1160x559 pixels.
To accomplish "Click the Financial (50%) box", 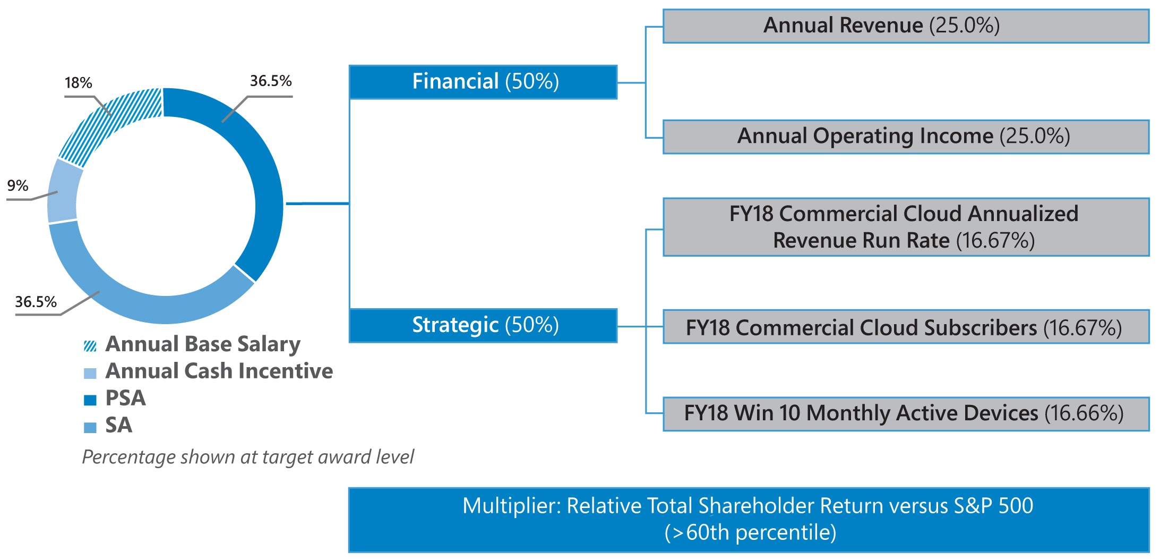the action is [483, 82].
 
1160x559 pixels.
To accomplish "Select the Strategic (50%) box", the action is [483, 325].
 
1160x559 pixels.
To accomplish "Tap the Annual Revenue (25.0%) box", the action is [906, 26].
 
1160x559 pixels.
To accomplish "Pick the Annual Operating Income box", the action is [906, 137].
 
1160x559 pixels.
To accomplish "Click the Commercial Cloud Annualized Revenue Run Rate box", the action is [906, 227].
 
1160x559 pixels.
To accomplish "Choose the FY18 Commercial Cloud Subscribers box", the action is [906, 327].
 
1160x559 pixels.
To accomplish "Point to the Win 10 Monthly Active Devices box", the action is [906, 414].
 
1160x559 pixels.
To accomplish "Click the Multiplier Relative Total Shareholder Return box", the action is [749, 520].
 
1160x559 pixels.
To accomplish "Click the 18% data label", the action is [79, 83].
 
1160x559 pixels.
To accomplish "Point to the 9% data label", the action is [18, 185].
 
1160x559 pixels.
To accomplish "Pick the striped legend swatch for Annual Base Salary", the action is [90, 346].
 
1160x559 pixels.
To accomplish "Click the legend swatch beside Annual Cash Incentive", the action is [90, 374].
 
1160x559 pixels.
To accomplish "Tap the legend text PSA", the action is [125, 398].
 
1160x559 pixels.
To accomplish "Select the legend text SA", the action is [118, 425].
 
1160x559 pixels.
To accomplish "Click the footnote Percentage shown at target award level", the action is [248, 457].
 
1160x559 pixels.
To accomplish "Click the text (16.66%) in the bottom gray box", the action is [1084, 413].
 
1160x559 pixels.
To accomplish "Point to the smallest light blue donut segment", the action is [63, 191].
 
